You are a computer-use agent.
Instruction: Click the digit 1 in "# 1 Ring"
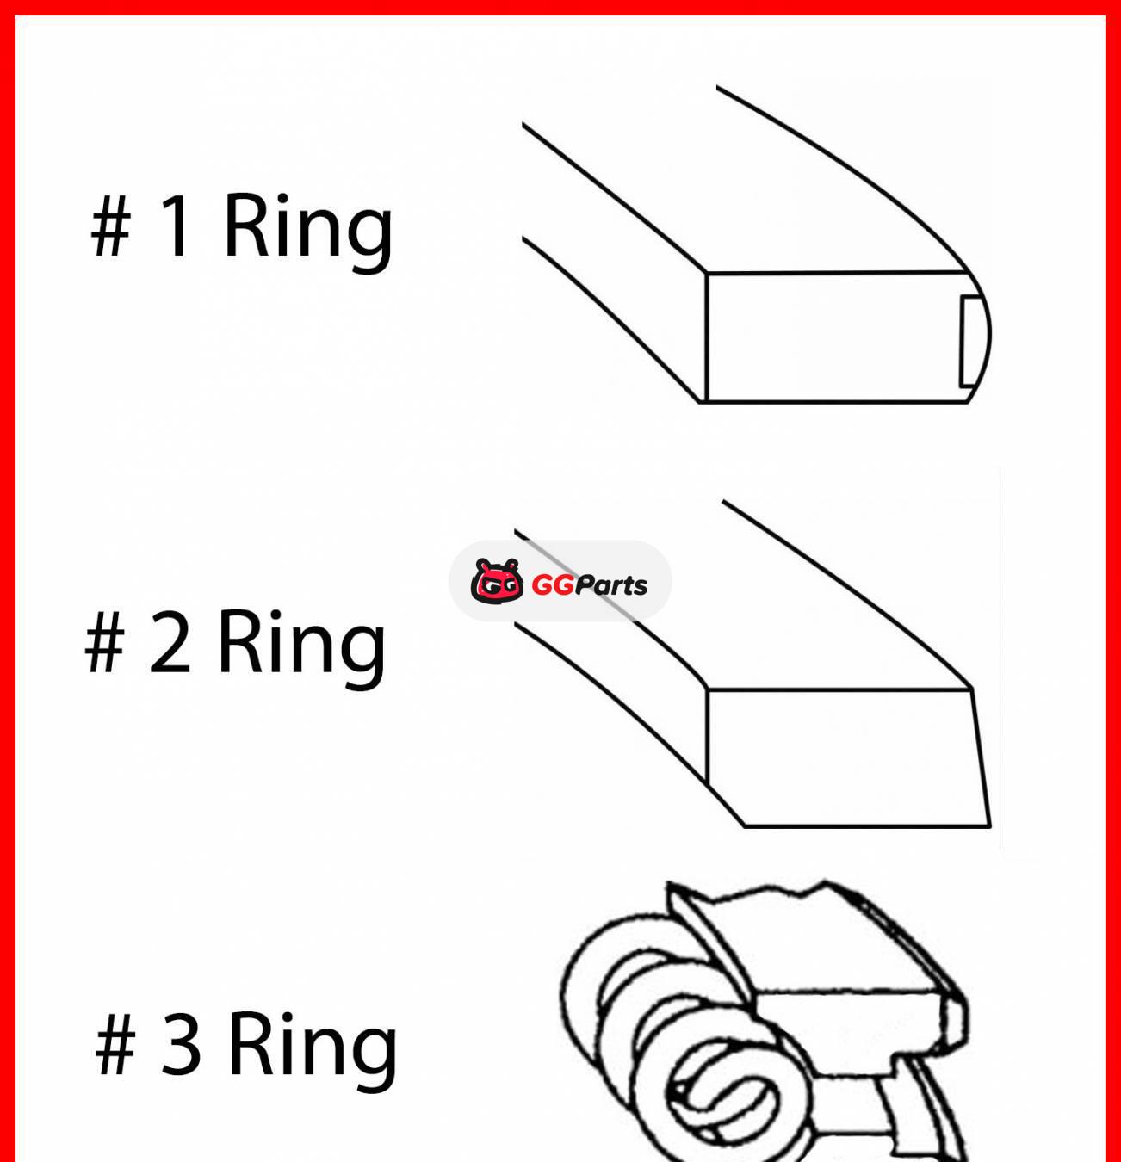[176, 226]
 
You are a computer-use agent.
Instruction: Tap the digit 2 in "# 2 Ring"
[170, 642]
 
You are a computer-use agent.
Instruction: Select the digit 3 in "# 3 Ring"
[181, 1044]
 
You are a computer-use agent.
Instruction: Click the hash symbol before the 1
[111, 226]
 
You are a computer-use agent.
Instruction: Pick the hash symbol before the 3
[116, 1044]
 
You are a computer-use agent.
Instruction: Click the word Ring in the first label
[307, 227]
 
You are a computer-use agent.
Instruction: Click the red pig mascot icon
[497, 581]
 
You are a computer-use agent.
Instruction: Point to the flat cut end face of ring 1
[831, 337]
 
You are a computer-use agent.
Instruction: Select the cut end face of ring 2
[844, 757]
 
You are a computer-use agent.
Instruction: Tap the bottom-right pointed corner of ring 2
[988, 825]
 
